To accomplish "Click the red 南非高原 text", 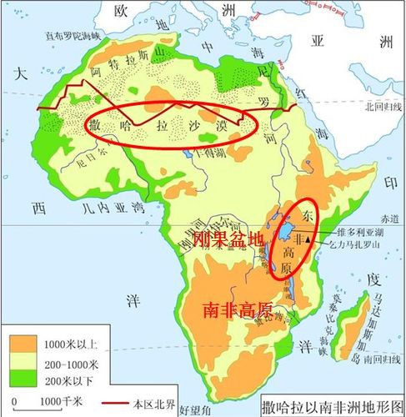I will coord(238,310).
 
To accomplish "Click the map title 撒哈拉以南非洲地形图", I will coord(331,405).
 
